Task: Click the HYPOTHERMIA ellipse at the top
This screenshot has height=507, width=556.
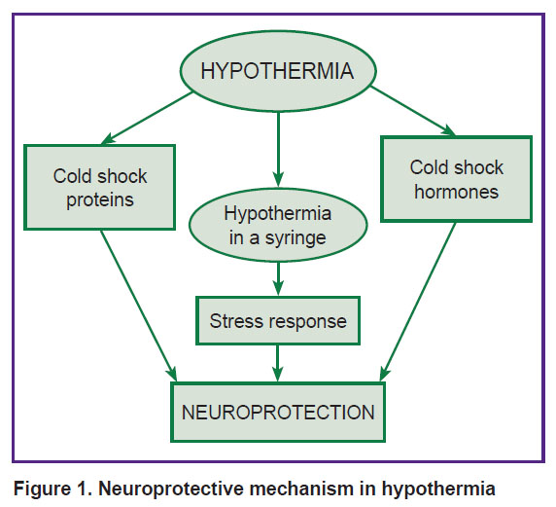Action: (278, 71)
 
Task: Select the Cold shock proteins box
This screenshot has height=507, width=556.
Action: (100, 187)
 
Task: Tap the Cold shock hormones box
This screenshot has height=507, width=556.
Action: (456, 179)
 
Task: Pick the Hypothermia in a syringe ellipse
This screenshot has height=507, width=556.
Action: (278, 225)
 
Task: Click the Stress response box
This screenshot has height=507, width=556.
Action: (278, 320)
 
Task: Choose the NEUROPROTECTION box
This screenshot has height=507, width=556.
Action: (278, 412)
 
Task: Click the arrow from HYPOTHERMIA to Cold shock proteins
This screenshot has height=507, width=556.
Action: (147, 118)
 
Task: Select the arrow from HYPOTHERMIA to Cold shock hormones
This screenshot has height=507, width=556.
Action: (412, 111)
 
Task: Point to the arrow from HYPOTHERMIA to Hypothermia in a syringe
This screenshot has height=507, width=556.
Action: (278, 150)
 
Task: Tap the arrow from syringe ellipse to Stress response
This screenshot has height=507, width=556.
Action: (278, 278)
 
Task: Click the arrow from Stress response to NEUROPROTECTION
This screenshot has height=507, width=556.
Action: (278, 363)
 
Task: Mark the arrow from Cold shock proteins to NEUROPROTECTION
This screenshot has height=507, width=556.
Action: (139, 306)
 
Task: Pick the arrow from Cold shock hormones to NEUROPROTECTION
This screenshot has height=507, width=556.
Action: (417, 302)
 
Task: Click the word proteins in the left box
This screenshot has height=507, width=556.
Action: (100, 199)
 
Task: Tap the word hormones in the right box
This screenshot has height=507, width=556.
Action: (456, 192)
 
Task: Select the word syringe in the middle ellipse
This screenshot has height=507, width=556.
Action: (295, 237)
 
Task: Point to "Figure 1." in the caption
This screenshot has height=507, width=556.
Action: (53, 489)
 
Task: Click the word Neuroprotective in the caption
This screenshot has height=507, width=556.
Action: (172, 489)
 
